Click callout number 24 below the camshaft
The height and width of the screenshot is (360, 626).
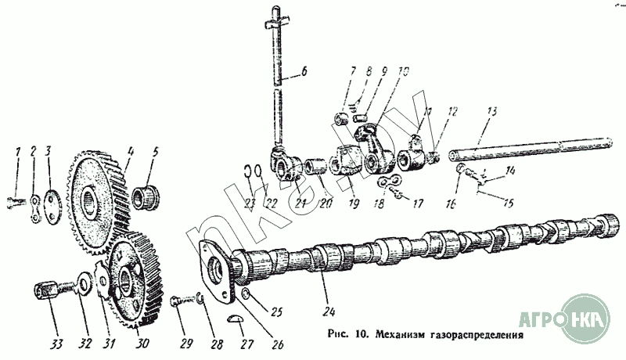pos(326,297)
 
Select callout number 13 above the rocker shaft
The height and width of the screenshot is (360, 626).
pos(490,113)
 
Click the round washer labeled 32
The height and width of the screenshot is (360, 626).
pos(82,280)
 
